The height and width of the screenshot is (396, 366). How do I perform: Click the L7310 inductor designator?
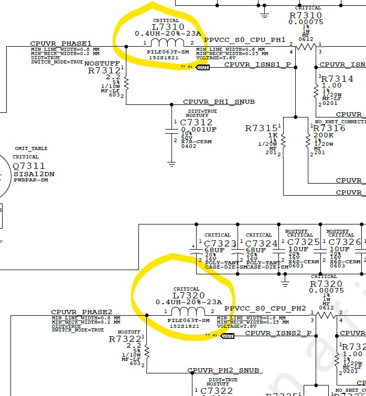pos(168,27)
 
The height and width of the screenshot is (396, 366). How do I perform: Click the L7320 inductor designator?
pos(188,295)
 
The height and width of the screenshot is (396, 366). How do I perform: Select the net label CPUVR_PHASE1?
pos(61,44)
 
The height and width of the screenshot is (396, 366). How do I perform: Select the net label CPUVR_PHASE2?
pos(82,312)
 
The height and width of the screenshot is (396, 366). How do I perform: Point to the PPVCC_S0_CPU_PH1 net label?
pos(244,40)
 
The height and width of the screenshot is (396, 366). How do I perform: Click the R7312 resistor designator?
pos(104,70)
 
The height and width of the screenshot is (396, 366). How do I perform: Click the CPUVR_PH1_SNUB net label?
pos(219,102)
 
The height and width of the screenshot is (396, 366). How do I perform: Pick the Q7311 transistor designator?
pos(26,166)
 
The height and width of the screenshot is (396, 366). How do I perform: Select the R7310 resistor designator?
pos(306,15)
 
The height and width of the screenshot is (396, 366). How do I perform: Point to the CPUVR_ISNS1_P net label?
pos(257,65)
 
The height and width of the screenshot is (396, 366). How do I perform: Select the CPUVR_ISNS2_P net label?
pos(278,333)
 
